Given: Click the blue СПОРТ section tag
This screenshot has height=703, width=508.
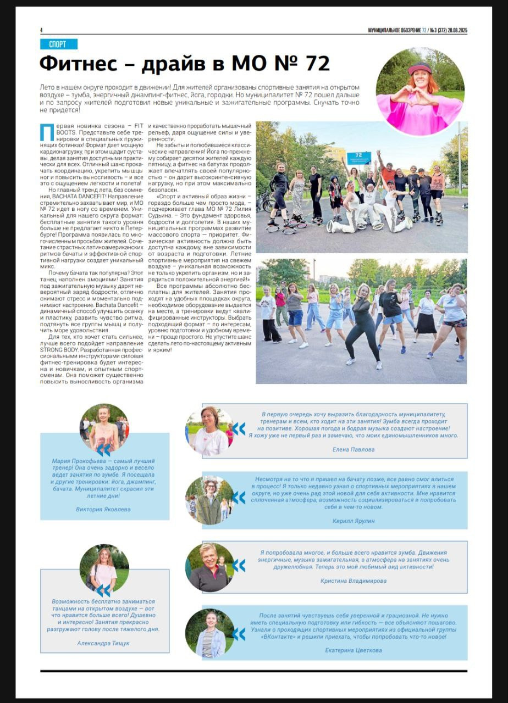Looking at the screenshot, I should click(58, 44).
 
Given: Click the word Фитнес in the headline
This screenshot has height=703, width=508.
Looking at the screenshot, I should click(82, 64).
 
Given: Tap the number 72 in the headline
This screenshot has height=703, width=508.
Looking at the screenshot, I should click(317, 64).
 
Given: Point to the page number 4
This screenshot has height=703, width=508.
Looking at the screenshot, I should click(41, 30).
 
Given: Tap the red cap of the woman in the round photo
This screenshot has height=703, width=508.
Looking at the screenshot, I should click(419, 68).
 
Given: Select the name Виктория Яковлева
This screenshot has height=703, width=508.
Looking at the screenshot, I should click(103, 509).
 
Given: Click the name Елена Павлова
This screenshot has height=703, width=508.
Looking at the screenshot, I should click(354, 449).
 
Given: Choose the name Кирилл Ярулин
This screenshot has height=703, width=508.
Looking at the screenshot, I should click(354, 521).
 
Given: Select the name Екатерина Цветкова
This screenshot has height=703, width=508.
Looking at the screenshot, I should click(354, 650).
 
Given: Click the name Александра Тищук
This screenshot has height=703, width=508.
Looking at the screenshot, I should click(103, 643).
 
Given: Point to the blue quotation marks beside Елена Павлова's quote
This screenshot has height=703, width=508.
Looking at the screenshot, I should click(239, 429).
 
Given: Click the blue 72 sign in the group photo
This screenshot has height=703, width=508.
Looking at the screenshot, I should click(358, 157).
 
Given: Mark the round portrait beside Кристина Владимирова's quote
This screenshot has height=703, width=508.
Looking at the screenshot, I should click(209, 567).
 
